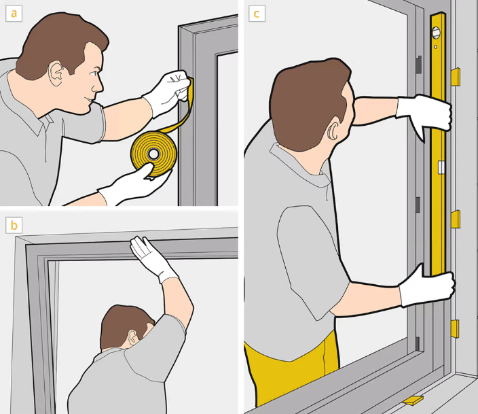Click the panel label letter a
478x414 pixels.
[x=14, y=14]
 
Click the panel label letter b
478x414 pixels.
[x=14, y=225]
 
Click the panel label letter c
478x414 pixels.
[x=257, y=14]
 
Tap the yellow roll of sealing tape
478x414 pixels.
[x=154, y=154]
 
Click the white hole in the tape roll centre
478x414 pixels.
[x=154, y=154]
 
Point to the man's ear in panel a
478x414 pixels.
[x=56, y=74]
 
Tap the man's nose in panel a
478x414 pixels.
[x=98, y=86]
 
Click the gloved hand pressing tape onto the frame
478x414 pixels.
[x=168, y=92]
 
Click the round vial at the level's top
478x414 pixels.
[x=436, y=33]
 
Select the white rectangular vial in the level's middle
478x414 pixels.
[x=441, y=167]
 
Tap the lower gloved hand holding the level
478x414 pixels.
[x=427, y=286]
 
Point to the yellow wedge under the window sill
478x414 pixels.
[x=413, y=400]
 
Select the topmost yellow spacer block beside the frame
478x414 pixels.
[x=456, y=76]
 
